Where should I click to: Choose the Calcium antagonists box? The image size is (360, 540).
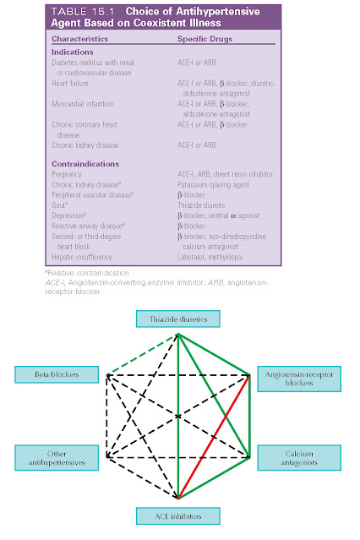click(x=299, y=459)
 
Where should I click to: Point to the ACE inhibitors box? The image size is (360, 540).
click(x=179, y=515)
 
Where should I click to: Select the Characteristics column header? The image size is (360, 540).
click(x=80, y=39)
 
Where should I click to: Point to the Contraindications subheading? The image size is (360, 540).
click(x=85, y=161)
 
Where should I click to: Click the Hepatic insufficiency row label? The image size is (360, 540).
click(x=85, y=253)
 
